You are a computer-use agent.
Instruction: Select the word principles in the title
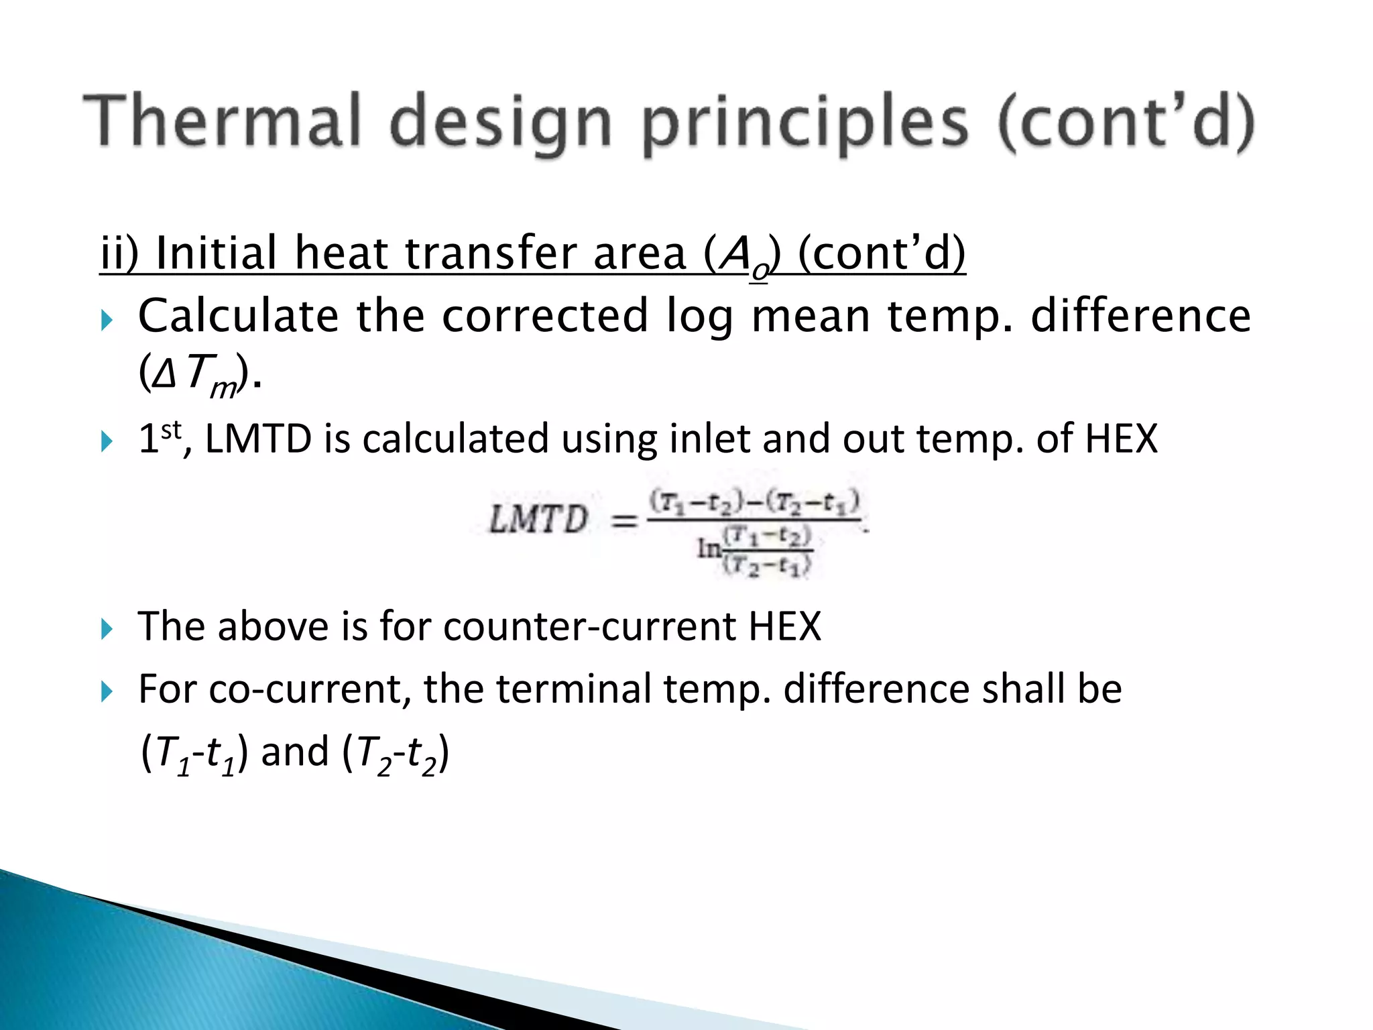(x=804, y=124)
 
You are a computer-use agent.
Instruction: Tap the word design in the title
(x=500, y=124)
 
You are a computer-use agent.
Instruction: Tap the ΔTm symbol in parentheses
(x=194, y=374)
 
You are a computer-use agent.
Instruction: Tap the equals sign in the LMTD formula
(x=624, y=520)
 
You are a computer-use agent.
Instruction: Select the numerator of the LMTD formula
(x=754, y=502)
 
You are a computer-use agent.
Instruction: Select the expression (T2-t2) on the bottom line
(x=396, y=752)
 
